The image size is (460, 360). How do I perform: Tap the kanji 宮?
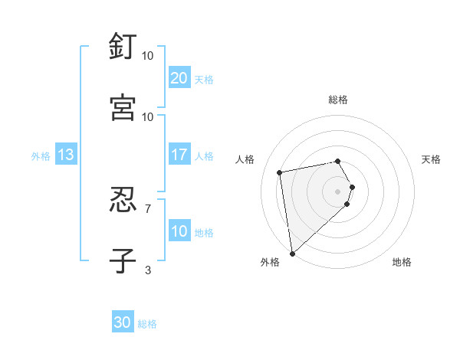[123, 107]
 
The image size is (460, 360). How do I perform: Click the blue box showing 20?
[179, 78]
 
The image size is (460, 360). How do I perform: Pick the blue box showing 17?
[179, 155]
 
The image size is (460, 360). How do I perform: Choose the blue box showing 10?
[179, 232]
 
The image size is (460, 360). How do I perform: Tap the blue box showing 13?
[66, 155]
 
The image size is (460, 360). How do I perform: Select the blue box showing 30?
[123, 322]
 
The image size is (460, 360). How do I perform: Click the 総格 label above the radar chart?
[338, 100]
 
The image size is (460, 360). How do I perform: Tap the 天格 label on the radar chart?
[432, 159]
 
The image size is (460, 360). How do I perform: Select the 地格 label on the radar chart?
[402, 262]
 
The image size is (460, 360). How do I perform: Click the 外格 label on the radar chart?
[270, 262]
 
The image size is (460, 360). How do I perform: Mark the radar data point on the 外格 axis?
[292, 253]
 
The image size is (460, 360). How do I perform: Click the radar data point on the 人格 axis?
[280, 172]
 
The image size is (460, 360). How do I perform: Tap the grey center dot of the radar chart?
[338, 191]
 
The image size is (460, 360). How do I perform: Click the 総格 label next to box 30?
[148, 324]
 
